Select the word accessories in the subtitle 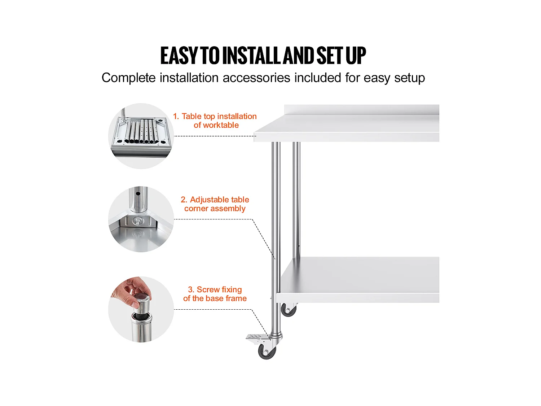256,78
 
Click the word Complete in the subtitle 128,78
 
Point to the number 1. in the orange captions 176,116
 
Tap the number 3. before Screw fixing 191,289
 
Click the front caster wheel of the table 267,351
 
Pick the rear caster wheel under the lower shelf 289,310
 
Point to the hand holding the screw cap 131,291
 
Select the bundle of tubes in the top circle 141,131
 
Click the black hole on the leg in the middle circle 138,194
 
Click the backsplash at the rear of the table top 362,110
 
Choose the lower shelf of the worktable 358,280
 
